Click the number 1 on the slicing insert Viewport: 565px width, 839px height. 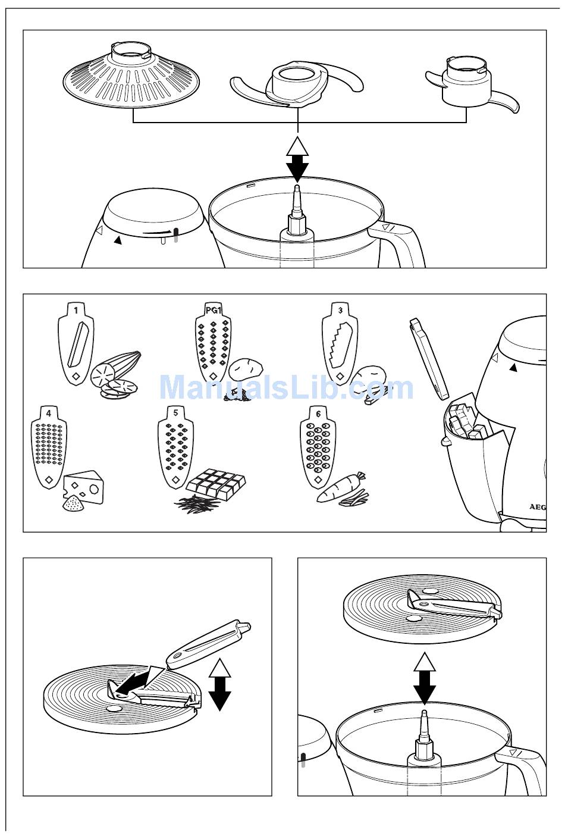coord(76,309)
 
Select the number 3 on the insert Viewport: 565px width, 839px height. coord(340,309)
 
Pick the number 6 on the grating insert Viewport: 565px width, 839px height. coord(319,412)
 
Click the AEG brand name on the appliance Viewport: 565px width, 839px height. coord(538,508)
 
